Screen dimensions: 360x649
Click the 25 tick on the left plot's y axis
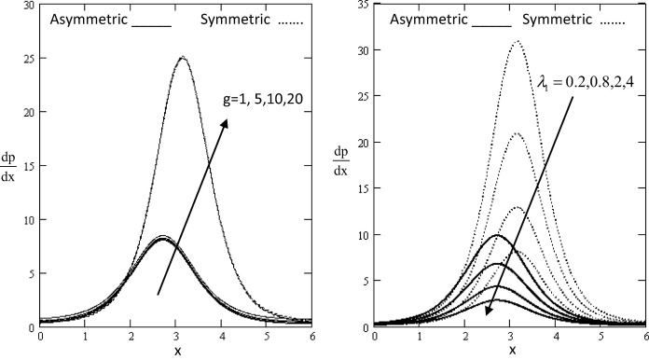click(29, 58)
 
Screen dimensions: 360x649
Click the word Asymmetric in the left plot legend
click(89, 19)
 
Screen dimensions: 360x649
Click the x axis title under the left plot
click(176, 350)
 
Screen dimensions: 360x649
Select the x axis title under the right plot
click(512, 350)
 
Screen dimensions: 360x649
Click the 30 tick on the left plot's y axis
click(29, 5)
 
